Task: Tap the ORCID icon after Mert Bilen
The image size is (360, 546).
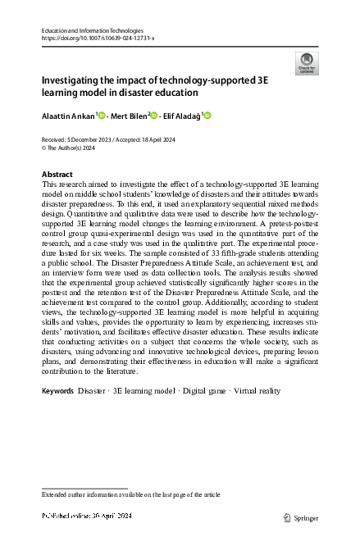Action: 154,116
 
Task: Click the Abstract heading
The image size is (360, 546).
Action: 58,175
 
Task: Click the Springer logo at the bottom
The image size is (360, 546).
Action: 300,518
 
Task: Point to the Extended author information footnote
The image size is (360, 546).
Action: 131,495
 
